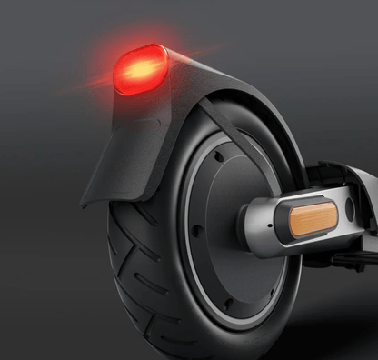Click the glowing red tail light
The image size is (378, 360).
coord(140,69)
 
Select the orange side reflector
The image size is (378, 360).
coord(313,219)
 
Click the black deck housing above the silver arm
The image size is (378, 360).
coord(345,177)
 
